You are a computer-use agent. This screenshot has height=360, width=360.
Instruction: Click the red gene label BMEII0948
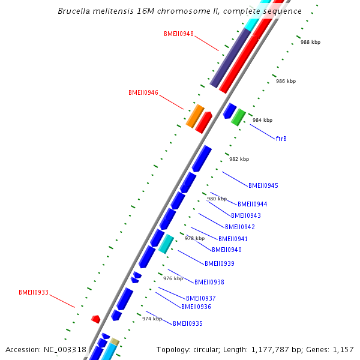click(178, 34)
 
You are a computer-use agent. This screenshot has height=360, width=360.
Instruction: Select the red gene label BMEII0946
click(143, 93)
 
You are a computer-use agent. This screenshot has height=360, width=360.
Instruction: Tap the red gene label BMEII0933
click(34, 293)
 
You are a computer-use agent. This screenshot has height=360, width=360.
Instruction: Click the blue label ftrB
click(281, 139)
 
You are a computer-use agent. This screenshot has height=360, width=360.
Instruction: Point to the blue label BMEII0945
click(263, 186)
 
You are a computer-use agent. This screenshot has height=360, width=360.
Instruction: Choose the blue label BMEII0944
click(252, 205)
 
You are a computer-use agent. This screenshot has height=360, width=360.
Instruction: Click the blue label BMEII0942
click(239, 227)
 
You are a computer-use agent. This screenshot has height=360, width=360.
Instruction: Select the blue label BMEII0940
click(226, 250)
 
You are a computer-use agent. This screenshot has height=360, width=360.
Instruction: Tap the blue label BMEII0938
click(209, 283)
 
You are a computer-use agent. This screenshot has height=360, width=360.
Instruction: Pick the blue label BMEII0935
click(187, 324)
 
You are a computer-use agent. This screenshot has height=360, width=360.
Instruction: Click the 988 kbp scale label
click(310, 43)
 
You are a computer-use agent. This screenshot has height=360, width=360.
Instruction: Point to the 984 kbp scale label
click(262, 120)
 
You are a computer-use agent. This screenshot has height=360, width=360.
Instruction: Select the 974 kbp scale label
click(152, 319)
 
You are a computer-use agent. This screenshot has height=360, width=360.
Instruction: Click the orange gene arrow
click(195, 116)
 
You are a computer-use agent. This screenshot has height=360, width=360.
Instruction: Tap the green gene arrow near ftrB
click(238, 116)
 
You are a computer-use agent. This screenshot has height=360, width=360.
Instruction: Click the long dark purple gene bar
click(230, 58)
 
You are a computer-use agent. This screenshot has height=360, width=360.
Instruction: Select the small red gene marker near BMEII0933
click(95, 319)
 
